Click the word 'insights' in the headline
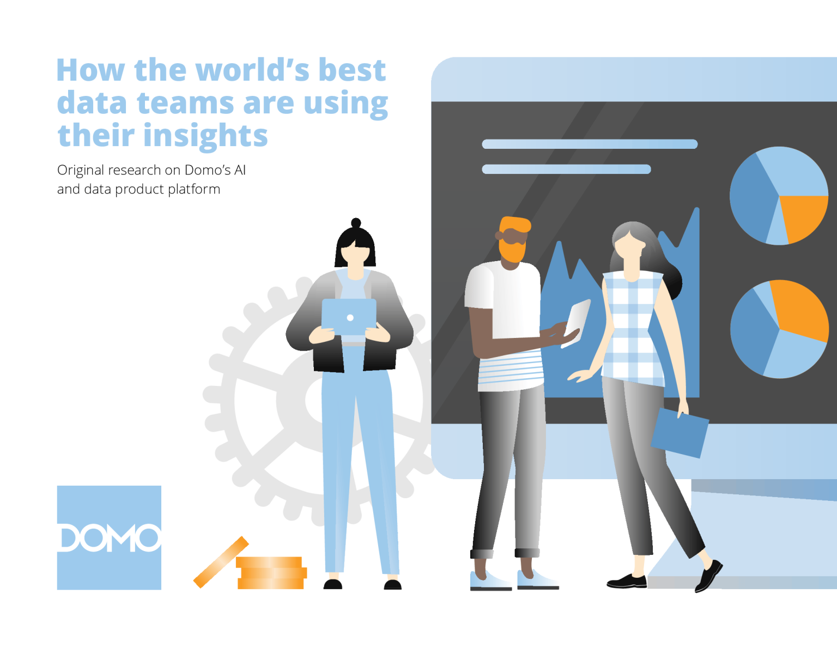(x=205, y=136)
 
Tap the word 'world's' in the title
(x=252, y=70)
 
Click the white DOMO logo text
(x=110, y=537)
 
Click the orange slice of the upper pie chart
(x=803, y=216)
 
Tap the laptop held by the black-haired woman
(x=349, y=318)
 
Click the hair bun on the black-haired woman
(x=356, y=222)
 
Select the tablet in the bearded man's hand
(x=576, y=323)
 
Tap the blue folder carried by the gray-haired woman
(x=680, y=432)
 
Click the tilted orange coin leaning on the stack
(x=221, y=563)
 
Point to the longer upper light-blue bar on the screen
(x=590, y=144)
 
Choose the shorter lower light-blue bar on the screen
(x=566, y=169)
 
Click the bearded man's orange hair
(x=515, y=225)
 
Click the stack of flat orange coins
(x=271, y=573)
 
